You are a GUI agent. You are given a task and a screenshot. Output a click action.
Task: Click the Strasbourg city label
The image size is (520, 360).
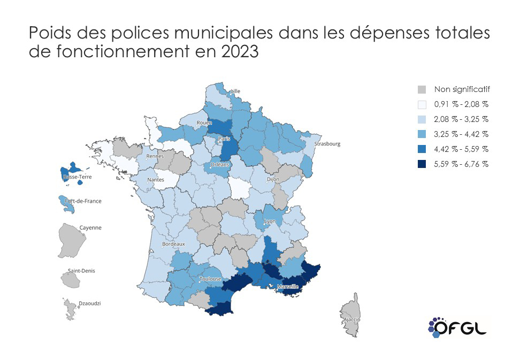tap(328, 143)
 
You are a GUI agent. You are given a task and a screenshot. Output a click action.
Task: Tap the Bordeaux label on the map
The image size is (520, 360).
tap(173, 244)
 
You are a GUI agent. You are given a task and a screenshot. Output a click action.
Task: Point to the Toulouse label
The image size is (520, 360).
tap(210, 279)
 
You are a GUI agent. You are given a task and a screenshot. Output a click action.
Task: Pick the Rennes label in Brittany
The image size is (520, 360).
tap(155, 156)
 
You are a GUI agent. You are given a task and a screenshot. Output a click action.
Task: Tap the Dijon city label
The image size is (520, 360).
tap(273, 180)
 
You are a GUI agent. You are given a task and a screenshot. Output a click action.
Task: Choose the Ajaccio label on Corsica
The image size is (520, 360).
tap(352, 319)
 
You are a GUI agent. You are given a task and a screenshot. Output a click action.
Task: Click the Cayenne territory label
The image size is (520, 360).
tap(90, 227)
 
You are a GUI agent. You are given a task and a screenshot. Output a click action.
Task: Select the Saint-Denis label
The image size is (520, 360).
tap(81, 271)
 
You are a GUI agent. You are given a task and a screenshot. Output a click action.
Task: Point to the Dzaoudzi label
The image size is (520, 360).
tap(90, 303)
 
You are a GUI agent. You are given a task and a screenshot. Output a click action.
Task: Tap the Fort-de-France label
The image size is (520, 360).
tap(83, 201)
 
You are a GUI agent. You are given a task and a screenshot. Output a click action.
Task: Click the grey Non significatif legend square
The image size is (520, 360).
tap(422, 89)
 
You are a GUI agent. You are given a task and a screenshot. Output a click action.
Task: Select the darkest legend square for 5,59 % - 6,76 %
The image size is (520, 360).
tap(422, 164)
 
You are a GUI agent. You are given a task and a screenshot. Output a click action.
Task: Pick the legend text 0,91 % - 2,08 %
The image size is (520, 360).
tap(462, 104)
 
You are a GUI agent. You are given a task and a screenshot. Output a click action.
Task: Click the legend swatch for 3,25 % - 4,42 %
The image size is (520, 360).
tap(422, 134)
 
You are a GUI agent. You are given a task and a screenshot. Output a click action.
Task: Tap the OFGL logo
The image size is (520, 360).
tap(458, 326)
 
